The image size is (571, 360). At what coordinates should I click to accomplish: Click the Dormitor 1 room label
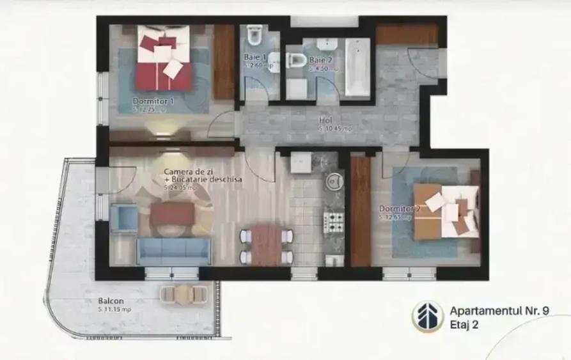153,101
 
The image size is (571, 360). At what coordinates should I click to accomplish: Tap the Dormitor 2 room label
399,208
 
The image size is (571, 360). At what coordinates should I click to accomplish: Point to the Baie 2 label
320,59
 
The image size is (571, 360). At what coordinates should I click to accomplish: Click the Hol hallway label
325,120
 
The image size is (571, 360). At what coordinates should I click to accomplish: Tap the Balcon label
111,300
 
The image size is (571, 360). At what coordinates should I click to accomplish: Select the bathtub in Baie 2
357,67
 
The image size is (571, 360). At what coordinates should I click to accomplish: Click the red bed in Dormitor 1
164,62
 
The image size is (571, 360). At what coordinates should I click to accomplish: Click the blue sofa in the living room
173,251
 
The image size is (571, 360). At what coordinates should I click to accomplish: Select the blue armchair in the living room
123,217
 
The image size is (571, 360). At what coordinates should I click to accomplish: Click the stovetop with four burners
334,223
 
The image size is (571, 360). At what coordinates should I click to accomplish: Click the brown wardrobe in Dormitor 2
361,210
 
